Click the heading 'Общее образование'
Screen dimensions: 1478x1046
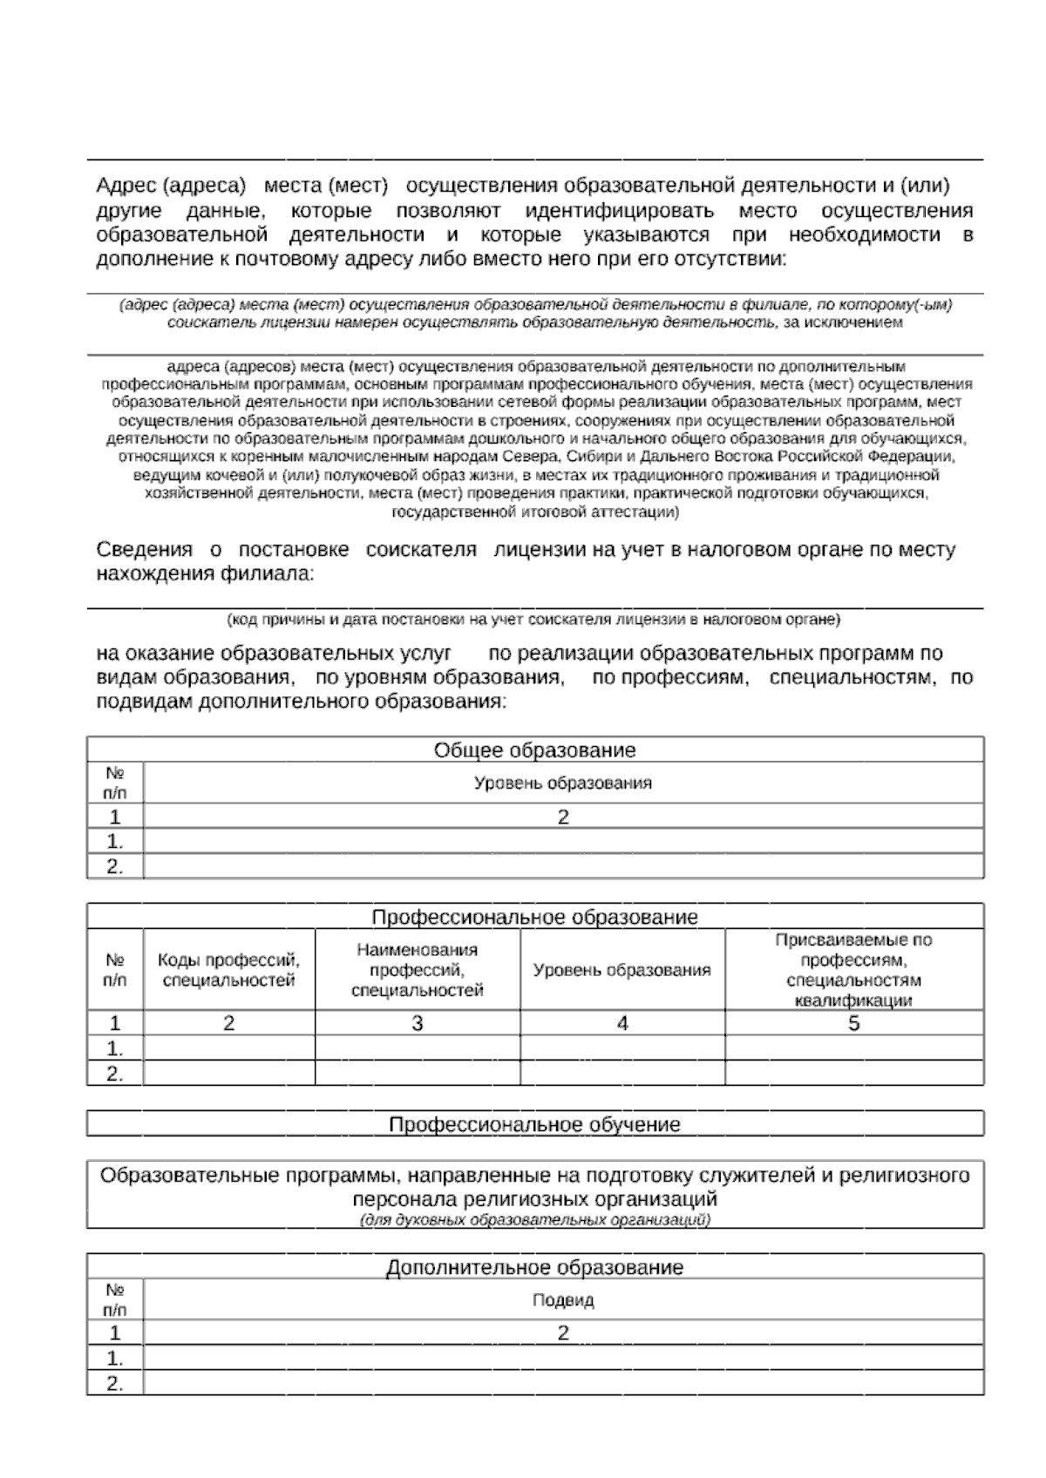[534, 750]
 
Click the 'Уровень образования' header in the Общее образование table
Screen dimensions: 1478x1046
[562, 783]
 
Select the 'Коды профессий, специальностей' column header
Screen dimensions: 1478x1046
[228, 970]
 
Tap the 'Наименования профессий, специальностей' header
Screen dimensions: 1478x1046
[417, 970]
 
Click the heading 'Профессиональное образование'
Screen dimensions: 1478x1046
[534, 917]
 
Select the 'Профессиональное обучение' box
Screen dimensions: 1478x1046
[534, 1123]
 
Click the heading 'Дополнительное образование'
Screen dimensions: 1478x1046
[534, 1267]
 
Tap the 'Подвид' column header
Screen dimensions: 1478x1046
[562, 1300]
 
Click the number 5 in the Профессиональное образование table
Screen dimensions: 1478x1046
[853, 1023]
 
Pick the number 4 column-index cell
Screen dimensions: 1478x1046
[621, 1023]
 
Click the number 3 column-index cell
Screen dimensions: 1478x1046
[417, 1023]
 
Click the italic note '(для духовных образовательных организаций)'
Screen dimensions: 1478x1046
[534, 1219]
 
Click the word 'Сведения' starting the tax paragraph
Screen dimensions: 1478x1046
[144, 550]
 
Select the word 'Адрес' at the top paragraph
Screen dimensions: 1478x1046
[125, 186]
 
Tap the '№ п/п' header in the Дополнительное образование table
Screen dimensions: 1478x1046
[114, 1298]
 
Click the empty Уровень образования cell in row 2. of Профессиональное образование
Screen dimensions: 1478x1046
[621, 1073]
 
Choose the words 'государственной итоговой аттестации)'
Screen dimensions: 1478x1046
[534, 512]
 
